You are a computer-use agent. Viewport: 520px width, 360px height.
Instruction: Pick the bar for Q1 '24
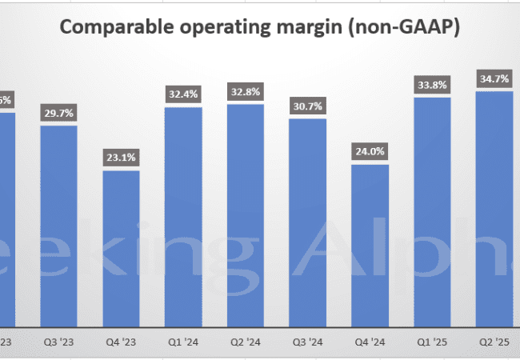tap(183, 211)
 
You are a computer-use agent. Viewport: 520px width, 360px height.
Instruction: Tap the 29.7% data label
tap(58, 114)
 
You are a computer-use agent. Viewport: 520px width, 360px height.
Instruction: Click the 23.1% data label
tap(121, 158)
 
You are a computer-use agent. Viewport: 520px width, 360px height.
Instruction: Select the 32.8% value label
tap(246, 93)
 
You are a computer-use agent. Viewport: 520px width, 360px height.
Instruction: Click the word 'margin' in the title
tap(306, 27)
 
